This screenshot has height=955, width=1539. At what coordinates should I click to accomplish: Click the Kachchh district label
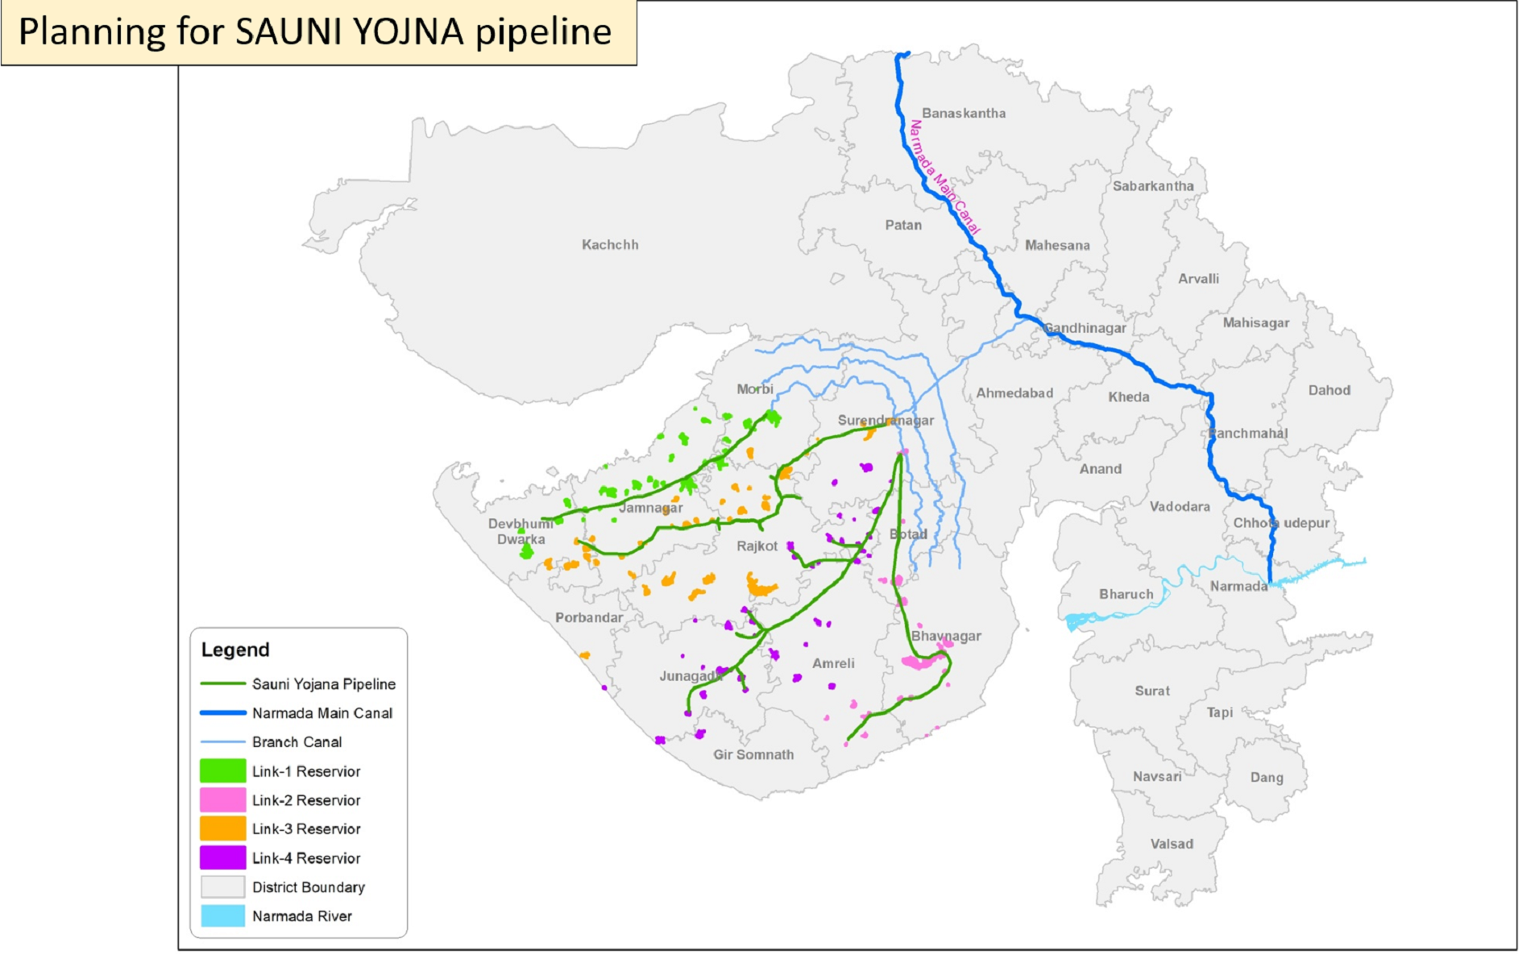coord(610,244)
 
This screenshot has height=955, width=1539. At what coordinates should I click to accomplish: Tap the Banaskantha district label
coord(964,113)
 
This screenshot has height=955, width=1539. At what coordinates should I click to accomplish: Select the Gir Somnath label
coord(753,754)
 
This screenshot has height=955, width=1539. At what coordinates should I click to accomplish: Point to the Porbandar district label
coord(589,617)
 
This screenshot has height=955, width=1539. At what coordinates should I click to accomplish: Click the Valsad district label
coord(1172,844)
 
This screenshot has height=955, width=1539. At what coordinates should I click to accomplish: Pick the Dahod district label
coord(1329,390)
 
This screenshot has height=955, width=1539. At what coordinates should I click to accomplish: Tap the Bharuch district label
coord(1126,594)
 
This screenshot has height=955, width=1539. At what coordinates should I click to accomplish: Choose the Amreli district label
coord(833,663)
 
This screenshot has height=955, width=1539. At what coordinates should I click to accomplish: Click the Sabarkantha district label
coord(1153,186)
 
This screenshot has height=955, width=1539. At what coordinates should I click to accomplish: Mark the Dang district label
coord(1266,777)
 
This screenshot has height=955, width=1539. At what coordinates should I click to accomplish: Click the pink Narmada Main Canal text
coord(944,177)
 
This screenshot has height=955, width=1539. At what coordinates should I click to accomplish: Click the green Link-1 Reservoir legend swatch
coord(222,771)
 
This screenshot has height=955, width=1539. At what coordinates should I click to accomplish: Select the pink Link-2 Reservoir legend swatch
coord(222,800)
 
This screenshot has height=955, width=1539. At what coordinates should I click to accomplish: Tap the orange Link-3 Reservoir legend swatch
coord(222,828)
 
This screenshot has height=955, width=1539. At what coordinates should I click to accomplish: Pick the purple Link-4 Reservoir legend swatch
coord(222,858)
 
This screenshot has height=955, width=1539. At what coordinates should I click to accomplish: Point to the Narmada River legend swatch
coord(222,916)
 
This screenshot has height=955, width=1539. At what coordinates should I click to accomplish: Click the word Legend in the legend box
coord(235,650)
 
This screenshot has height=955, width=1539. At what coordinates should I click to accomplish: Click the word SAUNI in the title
coord(291,32)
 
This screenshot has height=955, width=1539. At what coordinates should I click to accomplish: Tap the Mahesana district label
coord(1057,245)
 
